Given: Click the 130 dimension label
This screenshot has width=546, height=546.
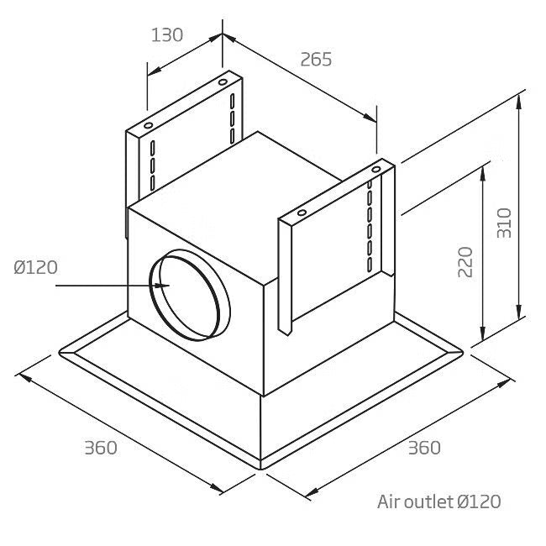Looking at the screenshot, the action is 167,35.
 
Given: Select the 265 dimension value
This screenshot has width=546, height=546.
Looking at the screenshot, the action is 316,59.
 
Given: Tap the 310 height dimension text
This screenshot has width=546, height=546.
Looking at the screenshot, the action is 504,223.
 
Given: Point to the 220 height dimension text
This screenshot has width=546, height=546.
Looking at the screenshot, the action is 465,262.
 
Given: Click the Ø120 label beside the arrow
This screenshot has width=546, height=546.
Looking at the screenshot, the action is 35,267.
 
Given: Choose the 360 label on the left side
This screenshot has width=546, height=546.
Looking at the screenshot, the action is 101,448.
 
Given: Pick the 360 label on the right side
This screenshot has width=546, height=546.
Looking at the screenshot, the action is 424,448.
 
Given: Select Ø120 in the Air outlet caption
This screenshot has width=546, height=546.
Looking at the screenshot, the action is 479,501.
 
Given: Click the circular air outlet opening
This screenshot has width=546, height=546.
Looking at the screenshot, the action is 190,295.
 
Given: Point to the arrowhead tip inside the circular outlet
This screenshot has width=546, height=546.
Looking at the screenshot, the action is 169,286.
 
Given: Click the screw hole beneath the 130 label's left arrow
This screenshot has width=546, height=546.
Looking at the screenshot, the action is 149,125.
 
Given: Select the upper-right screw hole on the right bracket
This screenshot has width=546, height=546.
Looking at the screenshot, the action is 376,170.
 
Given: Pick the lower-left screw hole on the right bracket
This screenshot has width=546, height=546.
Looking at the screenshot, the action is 302,213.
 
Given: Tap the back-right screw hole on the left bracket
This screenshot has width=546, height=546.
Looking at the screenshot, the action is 223,82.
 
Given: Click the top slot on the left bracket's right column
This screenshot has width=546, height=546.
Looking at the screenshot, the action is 232,101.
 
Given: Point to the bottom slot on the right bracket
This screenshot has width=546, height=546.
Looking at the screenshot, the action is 370,265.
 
